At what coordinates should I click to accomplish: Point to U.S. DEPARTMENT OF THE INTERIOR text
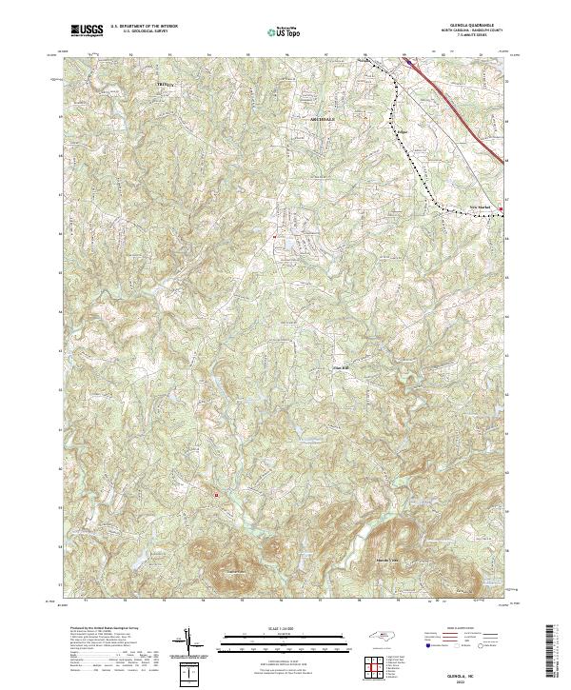tap(144, 27)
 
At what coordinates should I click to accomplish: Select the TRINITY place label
tap(167, 86)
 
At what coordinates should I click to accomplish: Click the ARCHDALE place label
tap(323, 119)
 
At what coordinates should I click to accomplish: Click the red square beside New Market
tap(502, 209)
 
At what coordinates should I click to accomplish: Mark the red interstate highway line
tap(457, 105)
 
